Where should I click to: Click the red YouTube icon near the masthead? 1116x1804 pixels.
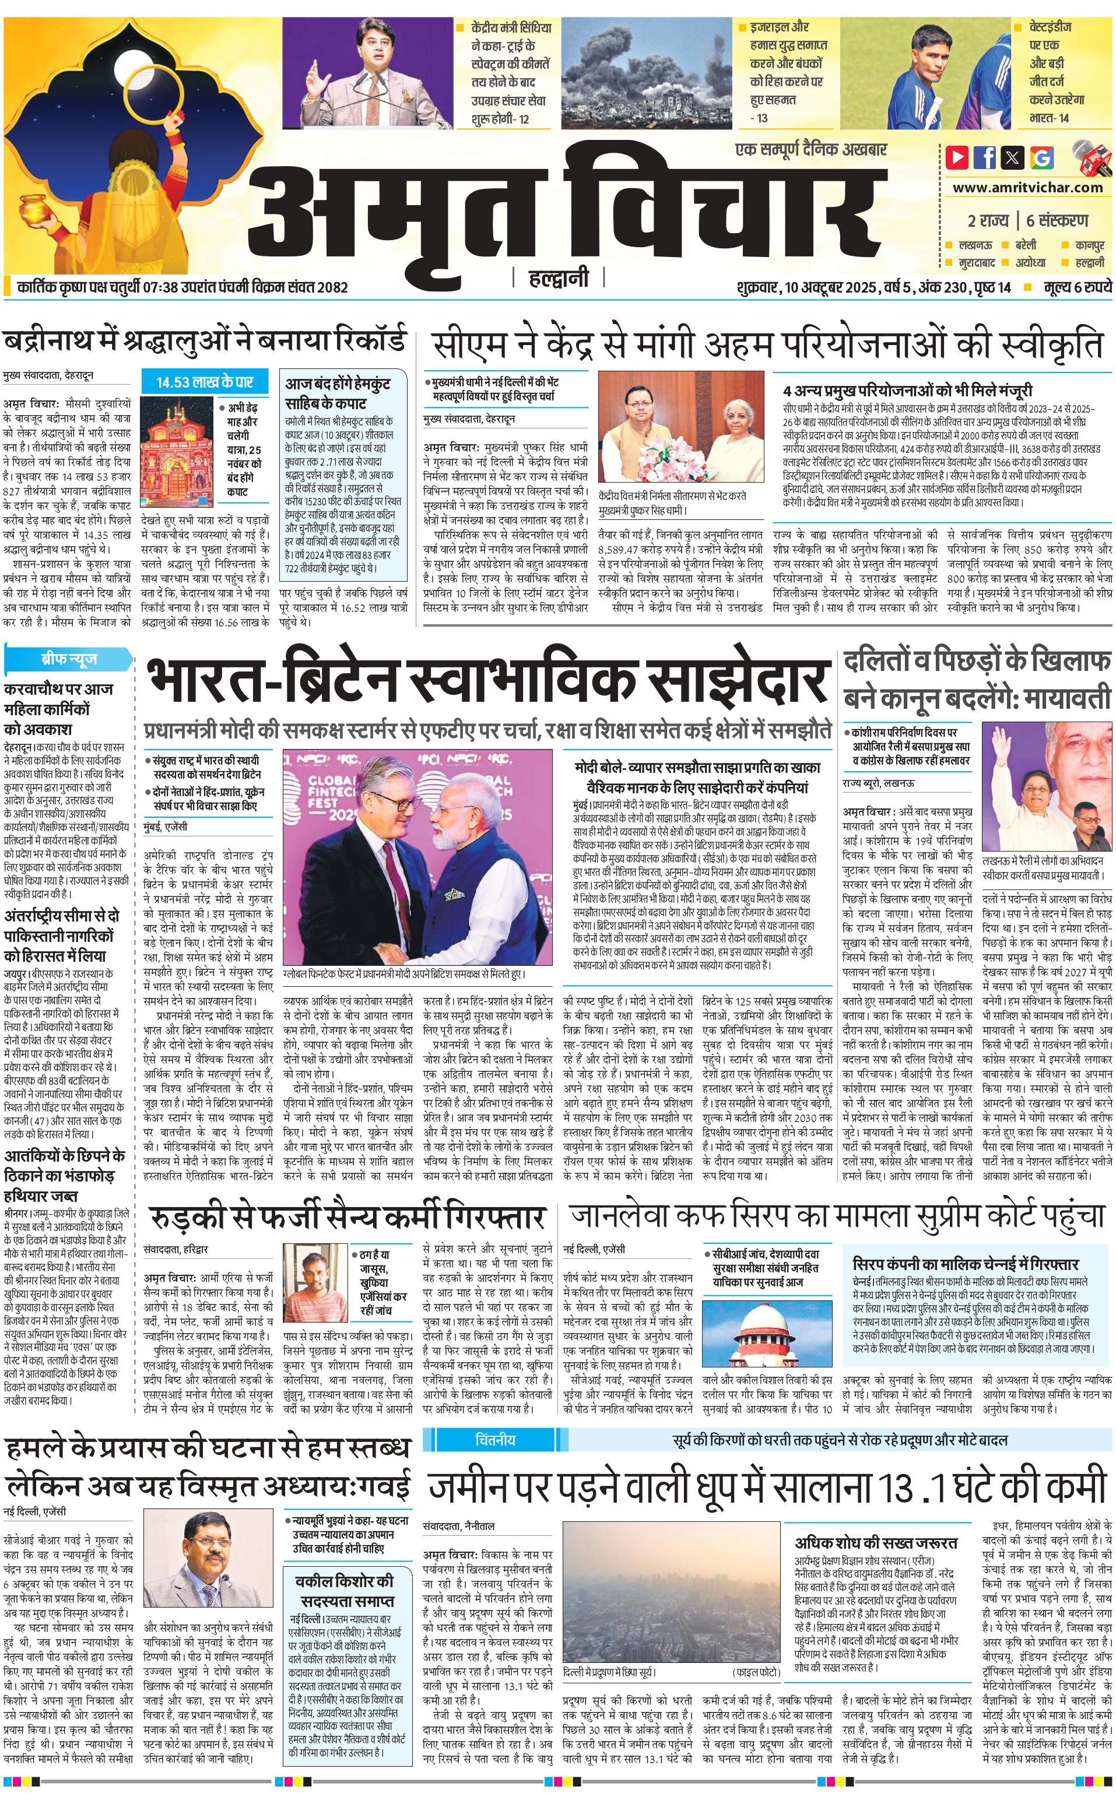click(x=957, y=157)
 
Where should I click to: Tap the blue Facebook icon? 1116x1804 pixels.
click(x=985, y=157)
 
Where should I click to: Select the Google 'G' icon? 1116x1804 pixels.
click(x=1041, y=157)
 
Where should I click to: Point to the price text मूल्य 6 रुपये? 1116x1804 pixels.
click(x=1078, y=287)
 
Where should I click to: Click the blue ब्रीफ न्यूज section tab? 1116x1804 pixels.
click(x=69, y=659)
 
